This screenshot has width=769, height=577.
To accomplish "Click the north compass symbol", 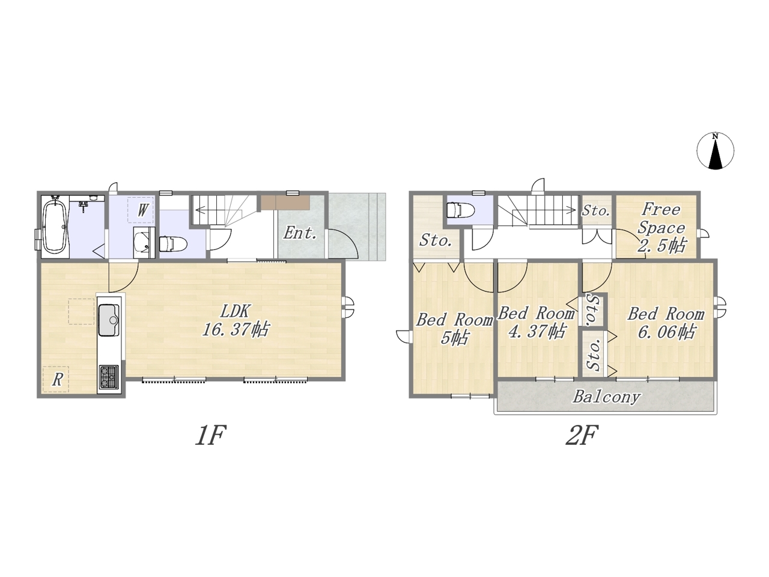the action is tap(716, 151).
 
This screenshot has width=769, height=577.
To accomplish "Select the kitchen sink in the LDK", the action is tap(109, 320).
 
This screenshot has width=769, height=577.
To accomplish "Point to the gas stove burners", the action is tap(109, 377).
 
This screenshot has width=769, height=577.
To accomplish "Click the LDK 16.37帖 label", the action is tap(236, 320).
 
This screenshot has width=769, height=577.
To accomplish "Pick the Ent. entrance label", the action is tap(300, 233).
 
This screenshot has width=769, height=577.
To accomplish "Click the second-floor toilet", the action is tap(460, 210).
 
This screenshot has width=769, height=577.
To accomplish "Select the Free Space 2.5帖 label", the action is tap(661, 228).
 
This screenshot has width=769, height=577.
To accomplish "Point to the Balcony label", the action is tap(607, 397).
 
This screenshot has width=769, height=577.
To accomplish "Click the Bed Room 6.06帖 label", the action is tap(666, 323).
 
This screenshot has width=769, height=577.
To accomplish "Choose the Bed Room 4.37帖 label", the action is tap(536, 322).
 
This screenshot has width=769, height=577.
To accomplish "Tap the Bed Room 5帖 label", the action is tap(454, 329).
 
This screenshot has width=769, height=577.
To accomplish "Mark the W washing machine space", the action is tap(141, 210).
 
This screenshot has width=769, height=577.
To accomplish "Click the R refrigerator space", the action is tap(56, 379).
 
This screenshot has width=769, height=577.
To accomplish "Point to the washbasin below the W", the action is tap(144, 242).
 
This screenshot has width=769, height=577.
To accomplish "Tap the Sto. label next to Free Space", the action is tap(596, 211).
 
